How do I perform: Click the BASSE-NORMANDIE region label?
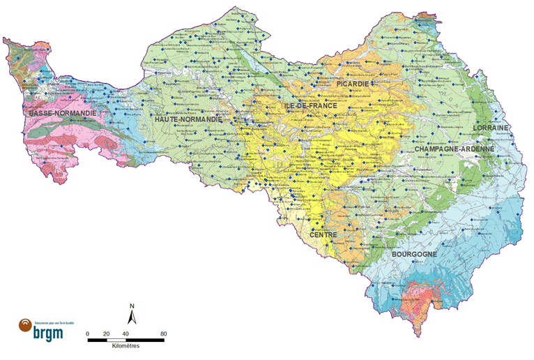pos(61,112)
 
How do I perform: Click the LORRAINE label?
pos(491,128)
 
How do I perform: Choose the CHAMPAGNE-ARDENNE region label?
pos(454,149)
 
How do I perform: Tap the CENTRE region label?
pos(323,235)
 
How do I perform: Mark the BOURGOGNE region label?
pos(414,255)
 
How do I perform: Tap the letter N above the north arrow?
pos(132,306)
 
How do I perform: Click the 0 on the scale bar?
pos(88,333)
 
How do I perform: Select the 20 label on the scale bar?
pos(107,333)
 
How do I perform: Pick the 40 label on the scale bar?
pos(125,333)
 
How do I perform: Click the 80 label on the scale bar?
pos(164,333)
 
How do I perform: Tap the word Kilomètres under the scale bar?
pos(125,347)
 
